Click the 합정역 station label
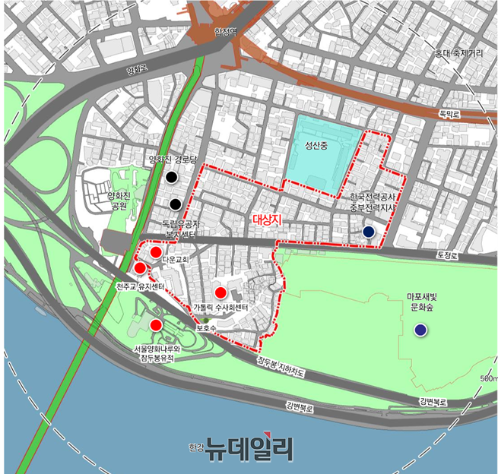pyautogui.click(x=226, y=32)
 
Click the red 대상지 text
pyautogui.click(x=265, y=220)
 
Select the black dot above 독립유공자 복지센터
pyautogui.click(x=175, y=204)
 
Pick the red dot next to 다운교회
pyautogui.click(x=155, y=252)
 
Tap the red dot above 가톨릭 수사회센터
pyautogui.click(x=220, y=292)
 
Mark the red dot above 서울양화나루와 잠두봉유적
pyautogui.click(x=156, y=325)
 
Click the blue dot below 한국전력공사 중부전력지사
pyautogui.click(x=369, y=232)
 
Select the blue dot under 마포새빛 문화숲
pyautogui.click(x=420, y=330)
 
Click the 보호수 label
pyautogui.click(x=206, y=329)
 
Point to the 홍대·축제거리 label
pyautogui.click(x=458, y=54)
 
